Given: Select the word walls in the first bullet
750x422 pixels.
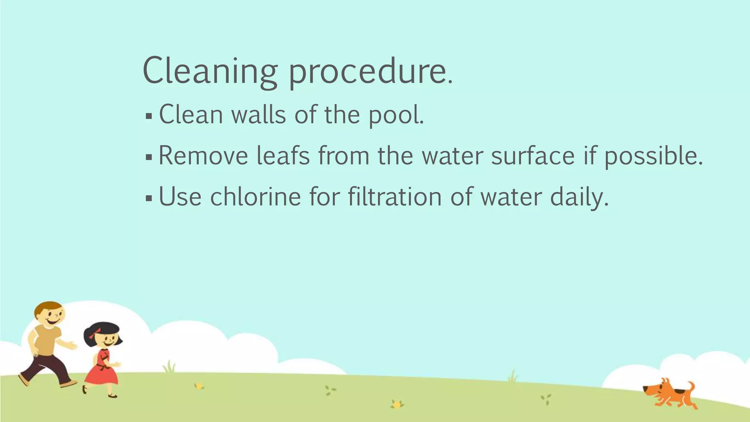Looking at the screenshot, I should click(x=259, y=115).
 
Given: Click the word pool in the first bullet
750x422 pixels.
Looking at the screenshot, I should click(x=394, y=115).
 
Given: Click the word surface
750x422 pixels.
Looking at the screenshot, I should click(x=533, y=156).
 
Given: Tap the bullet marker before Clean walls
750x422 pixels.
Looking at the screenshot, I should click(x=149, y=116).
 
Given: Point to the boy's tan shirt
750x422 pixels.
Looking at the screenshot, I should click(x=46, y=341).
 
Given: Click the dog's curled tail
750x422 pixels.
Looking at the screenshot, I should click(x=691, y=386).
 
